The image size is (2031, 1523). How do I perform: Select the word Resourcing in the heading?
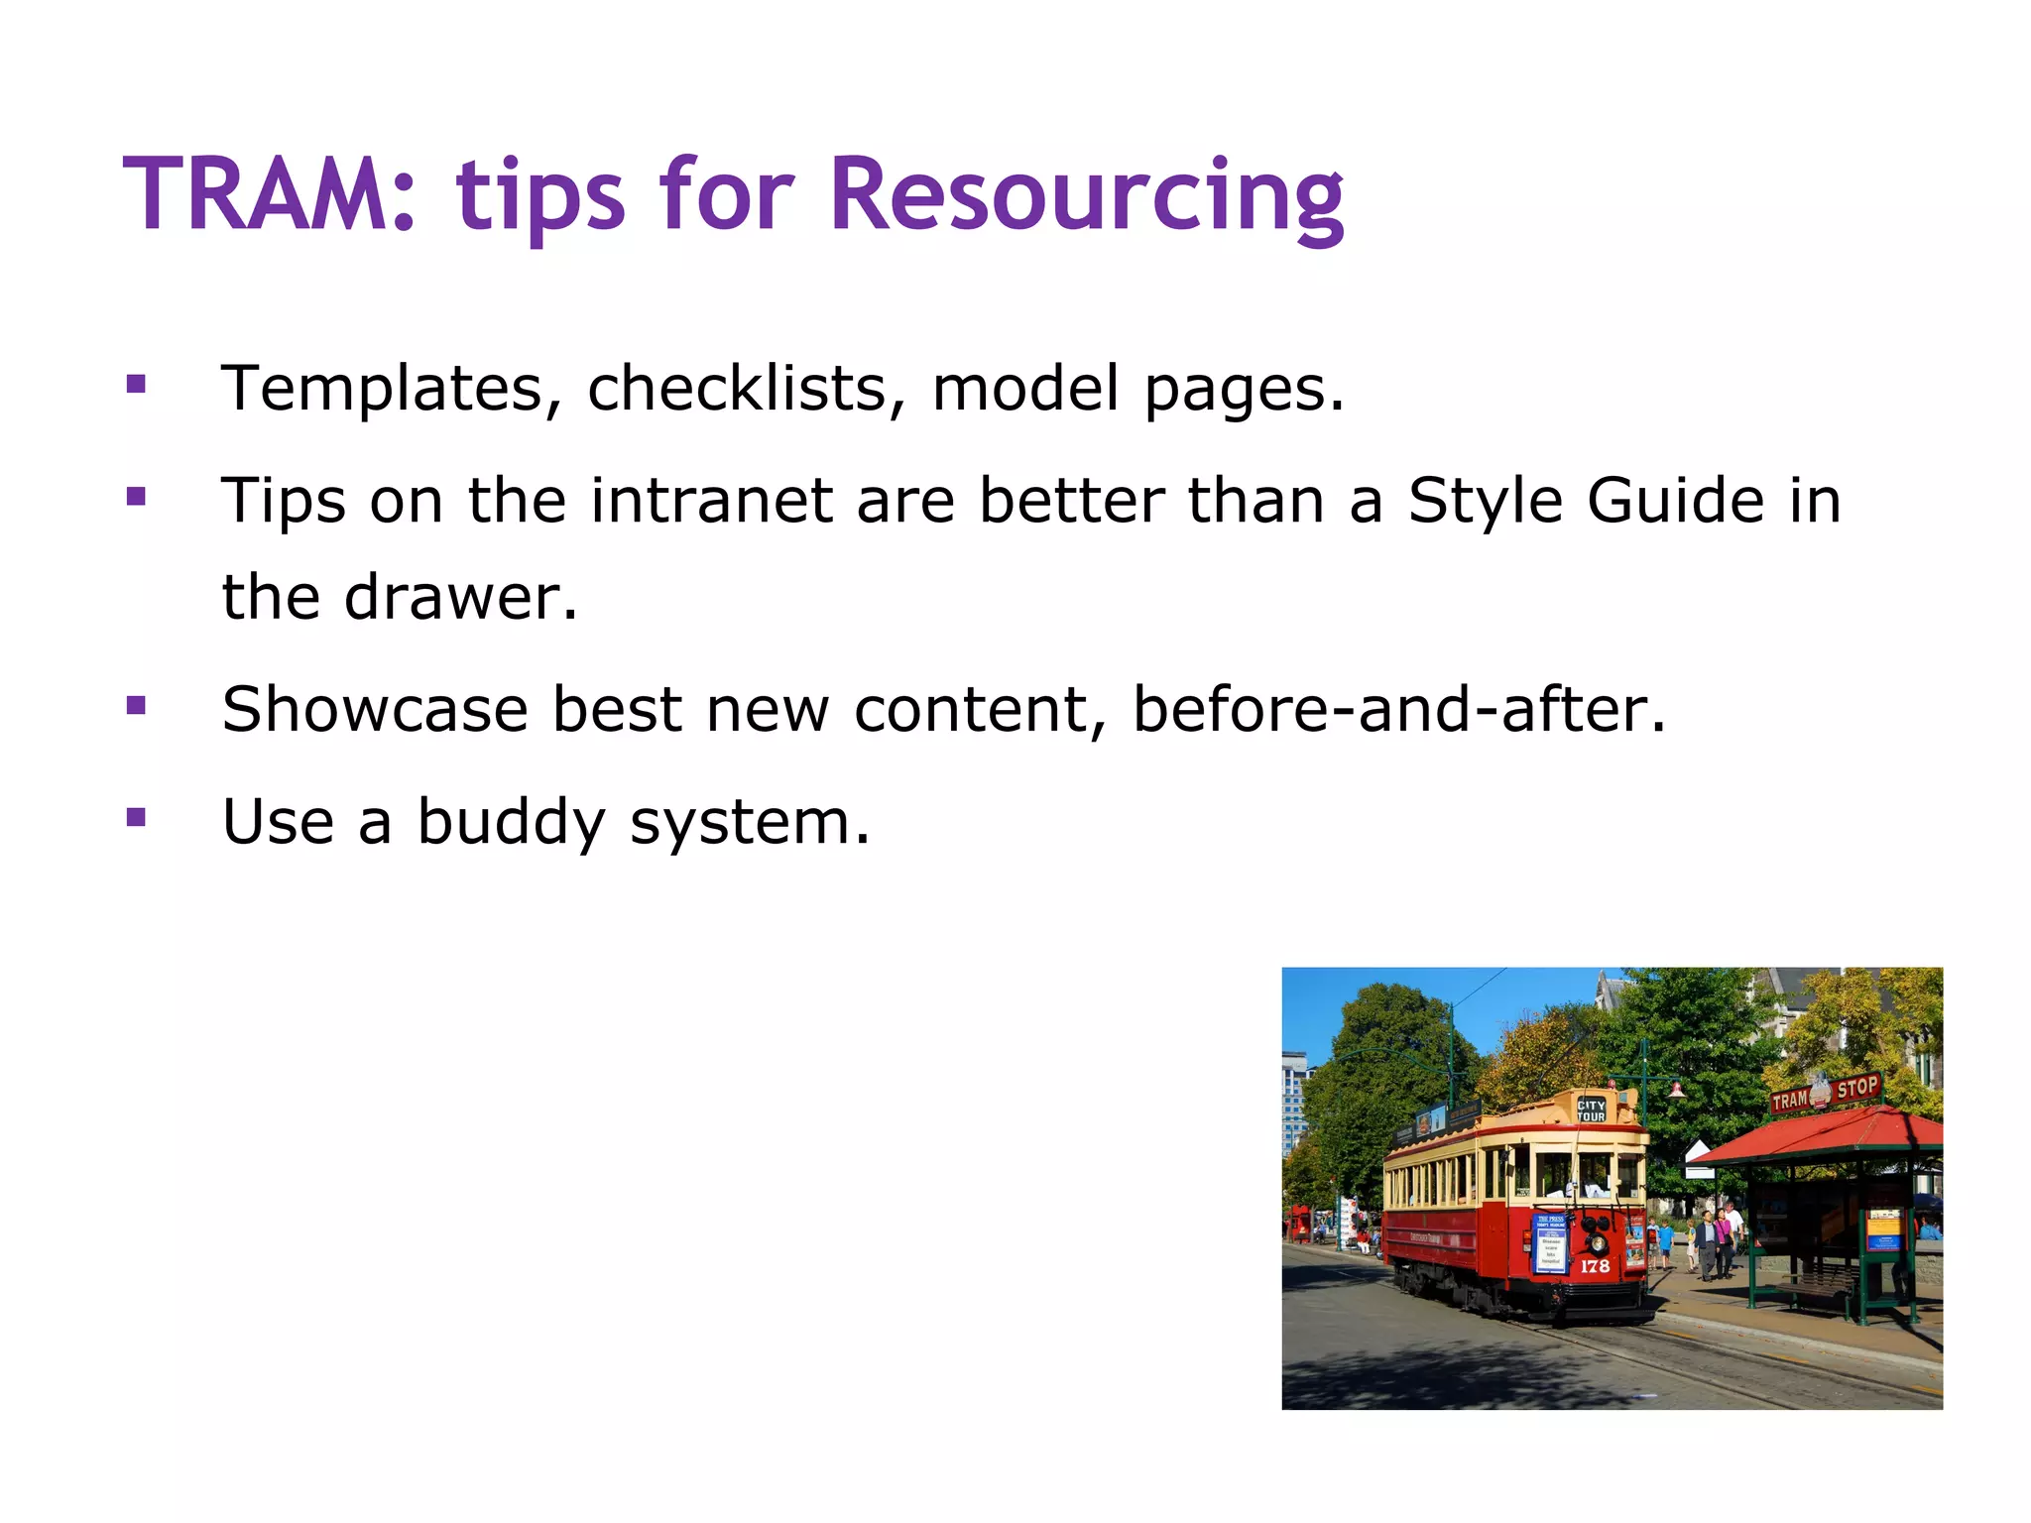[x=1086, y=195]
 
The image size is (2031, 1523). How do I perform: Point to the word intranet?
[x=711, y=500]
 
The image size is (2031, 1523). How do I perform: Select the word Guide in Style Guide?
[x=1676, y=500]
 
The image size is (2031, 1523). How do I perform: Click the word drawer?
[x=460, y=598]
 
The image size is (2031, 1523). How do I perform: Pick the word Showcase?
[x=375, y=710]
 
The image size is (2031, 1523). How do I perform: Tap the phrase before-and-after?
[x=1398, y=710]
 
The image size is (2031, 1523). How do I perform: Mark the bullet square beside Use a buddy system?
[x=137, y=817]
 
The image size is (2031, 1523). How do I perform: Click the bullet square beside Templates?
[x=137, y=384]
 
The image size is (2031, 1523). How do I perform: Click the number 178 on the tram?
[x=1595, y=1266]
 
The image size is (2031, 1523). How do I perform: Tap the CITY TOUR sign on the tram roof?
[x=1591, y=1111]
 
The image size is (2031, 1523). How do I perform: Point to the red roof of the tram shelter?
[x=1825, y=1138]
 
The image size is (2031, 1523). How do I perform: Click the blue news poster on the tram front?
[x=1550, y=1242]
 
